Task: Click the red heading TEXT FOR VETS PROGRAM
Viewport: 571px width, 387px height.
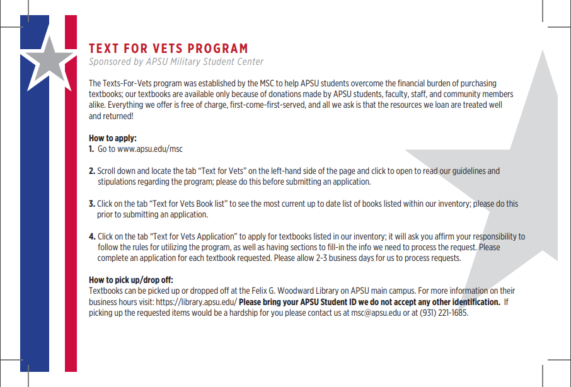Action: (168, 49)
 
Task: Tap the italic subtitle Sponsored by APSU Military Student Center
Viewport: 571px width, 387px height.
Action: (176, 62)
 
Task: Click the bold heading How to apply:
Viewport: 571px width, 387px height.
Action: (113, 138)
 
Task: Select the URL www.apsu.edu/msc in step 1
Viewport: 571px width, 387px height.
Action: (149, 149)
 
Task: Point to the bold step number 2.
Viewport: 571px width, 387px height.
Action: (92, 171)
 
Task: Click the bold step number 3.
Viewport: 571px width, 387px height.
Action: (92, 204)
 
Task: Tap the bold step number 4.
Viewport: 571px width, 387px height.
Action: (92, 236)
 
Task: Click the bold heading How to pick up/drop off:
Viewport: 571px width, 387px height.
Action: (130, 280)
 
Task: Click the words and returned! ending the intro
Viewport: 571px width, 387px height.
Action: (111, 117)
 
